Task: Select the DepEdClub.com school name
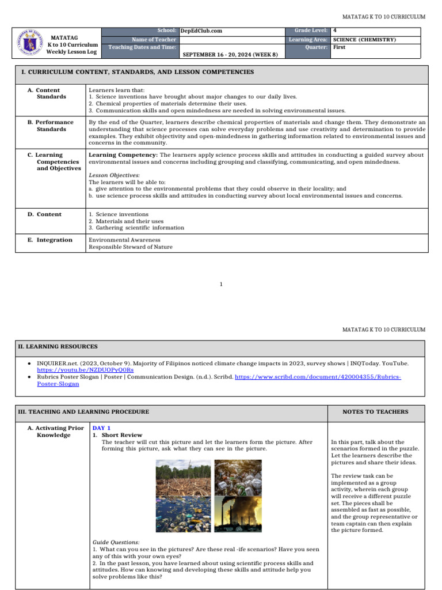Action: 201,31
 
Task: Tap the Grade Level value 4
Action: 335,30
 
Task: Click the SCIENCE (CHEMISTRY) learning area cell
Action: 364,39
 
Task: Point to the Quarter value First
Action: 339,47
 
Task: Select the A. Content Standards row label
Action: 47,93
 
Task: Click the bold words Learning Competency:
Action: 123,155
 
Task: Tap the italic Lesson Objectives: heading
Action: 114,175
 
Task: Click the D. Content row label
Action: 44,214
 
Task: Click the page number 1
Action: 221,284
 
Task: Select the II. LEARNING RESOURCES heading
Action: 58,347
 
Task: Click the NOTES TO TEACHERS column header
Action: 375,412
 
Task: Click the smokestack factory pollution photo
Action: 238,515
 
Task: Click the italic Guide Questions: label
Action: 116,542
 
